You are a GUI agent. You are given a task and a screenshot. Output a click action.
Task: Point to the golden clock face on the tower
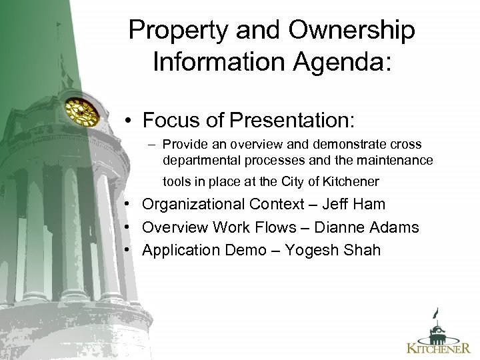pos(81,112)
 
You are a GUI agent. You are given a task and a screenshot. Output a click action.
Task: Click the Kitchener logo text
pos(439,347)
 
